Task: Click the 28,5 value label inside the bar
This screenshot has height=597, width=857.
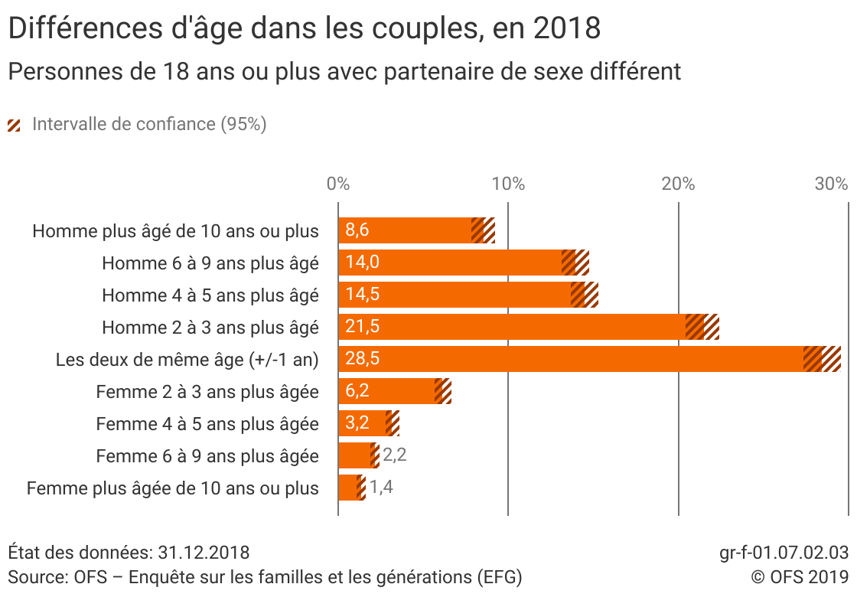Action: (363, 359)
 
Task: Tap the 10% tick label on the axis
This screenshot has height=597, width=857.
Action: (508, 184)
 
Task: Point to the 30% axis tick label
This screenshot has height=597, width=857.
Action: (831, 184)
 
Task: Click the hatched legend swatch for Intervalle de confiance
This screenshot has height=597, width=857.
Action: (15, 125)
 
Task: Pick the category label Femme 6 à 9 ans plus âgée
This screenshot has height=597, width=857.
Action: (207, 456)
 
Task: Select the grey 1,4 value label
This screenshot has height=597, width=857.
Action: (381, 488)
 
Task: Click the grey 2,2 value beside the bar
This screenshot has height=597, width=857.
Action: (394, 455)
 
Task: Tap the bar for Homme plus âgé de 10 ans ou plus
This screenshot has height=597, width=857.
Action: (406, 230)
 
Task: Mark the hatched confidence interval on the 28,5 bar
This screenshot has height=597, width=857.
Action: (822, 359)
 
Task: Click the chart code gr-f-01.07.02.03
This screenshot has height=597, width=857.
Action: (784, 553)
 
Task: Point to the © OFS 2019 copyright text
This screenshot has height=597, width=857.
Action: (799, 576)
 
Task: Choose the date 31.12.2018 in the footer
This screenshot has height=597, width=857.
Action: (204, 553)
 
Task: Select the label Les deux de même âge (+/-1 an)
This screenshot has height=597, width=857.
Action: (187, 359)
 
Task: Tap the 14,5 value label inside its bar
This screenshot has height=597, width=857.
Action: (363, 295)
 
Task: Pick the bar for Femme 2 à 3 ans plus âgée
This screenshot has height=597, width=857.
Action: (386, 391)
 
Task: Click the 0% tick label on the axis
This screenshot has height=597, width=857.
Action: (338, 184)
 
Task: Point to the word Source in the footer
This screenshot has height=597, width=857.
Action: (36, 576)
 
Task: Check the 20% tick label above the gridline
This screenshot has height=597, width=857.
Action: (678, 184)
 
